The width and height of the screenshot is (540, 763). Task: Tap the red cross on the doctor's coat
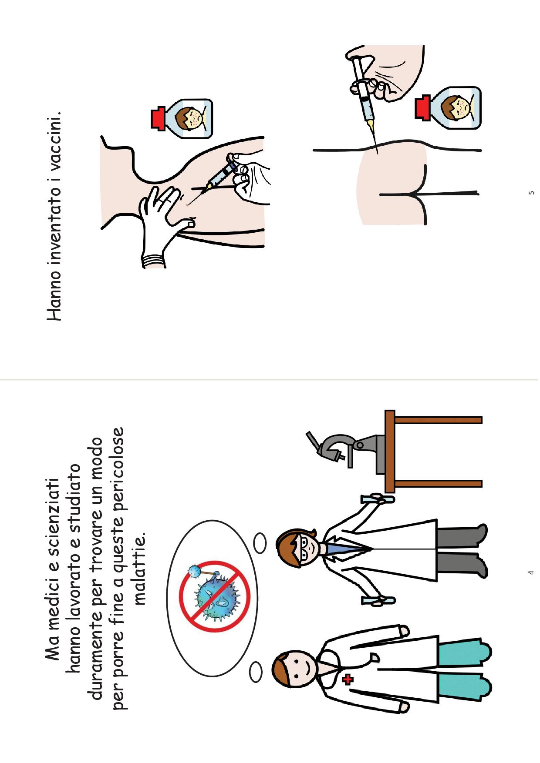pyautogui.click(x=348, y=679)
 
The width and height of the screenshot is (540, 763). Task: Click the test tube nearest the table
pyautogui.click(x=377, y=499)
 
